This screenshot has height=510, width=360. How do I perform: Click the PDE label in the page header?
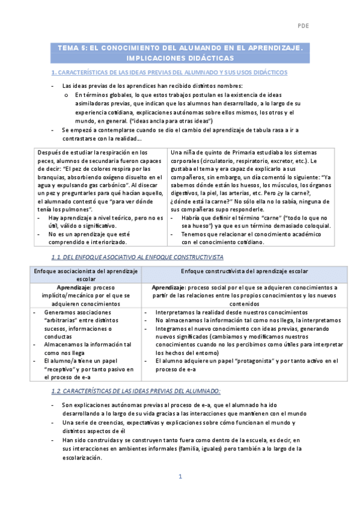click(303, 26)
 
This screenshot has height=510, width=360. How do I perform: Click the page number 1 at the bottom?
click(180, 476)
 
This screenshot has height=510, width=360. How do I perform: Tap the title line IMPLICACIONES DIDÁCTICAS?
click(180, 58)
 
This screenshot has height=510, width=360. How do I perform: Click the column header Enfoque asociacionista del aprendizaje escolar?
click(86, 275)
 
